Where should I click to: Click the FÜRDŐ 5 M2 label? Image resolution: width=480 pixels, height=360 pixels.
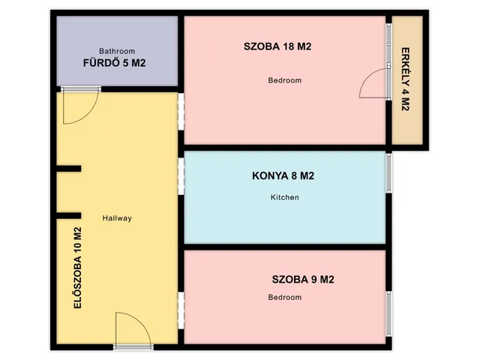point(114,63)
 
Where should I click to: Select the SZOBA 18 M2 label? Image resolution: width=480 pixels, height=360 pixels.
point(277,46)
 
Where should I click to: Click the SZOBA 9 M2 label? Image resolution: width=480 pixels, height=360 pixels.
point(303,280)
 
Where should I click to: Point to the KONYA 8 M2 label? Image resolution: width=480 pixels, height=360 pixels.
point(283,177)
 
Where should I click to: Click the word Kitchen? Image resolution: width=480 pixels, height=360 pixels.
point(285,197)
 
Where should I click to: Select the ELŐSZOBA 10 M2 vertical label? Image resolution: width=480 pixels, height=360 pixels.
point(77,268)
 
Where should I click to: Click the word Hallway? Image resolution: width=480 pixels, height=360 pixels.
point(117,218)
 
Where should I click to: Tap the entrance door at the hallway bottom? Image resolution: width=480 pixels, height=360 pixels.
point(134,330)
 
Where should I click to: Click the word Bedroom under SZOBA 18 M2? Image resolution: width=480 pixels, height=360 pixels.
point(285,80)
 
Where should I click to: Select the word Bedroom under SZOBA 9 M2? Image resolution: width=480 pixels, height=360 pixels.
point(285,298)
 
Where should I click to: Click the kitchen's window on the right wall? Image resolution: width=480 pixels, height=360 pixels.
point(388,173)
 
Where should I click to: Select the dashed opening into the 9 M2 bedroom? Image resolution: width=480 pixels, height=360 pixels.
point(181,309)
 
